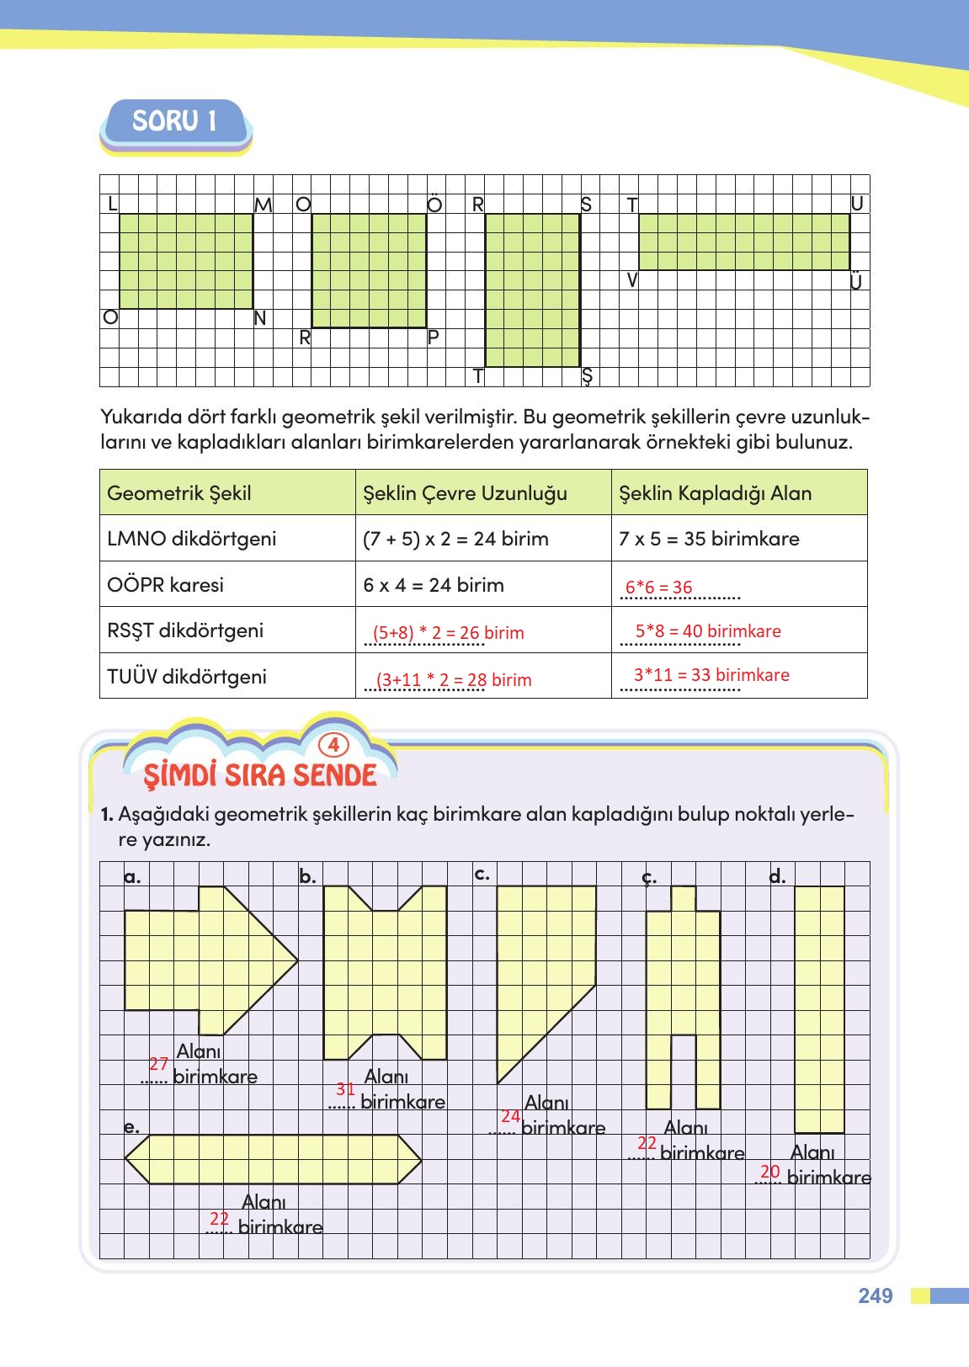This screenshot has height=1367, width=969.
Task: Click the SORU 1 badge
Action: click(175, 122)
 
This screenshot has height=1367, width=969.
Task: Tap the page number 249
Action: click(876, 1295)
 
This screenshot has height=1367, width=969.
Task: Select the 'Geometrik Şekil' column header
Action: click(179, 493)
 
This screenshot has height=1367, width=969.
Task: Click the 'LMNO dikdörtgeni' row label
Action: click(192, 539)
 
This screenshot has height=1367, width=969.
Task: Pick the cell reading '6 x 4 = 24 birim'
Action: click(434, 585)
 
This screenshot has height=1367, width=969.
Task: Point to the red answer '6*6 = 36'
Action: click(658, 588)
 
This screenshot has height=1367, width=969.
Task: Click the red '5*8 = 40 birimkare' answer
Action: click(708, 631)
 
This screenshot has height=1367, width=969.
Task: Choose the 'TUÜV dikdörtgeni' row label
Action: click(187, 677)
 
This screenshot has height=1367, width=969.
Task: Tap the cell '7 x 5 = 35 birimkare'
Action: click(709, 539)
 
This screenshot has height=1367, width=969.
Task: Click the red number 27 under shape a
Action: click(158, 1064)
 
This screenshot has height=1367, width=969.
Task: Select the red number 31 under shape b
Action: click(345, 1089)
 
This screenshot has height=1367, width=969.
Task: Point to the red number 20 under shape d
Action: click(770, 1172)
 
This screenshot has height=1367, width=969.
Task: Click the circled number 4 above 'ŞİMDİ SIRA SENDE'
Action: click(333, 745)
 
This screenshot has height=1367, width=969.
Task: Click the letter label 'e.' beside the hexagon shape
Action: click(131, 1126)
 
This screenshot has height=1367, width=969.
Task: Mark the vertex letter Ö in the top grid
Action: click(434, 205)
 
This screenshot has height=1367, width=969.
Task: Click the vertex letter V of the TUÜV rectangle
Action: click(631, 280)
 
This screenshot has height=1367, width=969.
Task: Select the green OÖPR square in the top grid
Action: click(369, 270)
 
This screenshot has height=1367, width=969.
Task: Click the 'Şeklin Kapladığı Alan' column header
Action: click(715, 493)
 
